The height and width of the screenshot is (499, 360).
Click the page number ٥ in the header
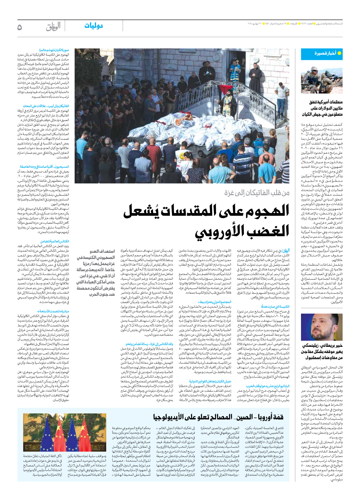(x=20, y=27)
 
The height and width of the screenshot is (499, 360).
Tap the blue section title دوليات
(x=94, y=26)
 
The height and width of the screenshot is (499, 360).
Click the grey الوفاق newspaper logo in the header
(x=53, y=27)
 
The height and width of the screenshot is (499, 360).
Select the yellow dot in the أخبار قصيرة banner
(x=339, y=53)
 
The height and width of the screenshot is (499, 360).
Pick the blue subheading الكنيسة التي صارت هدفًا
(x=275, y=307)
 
